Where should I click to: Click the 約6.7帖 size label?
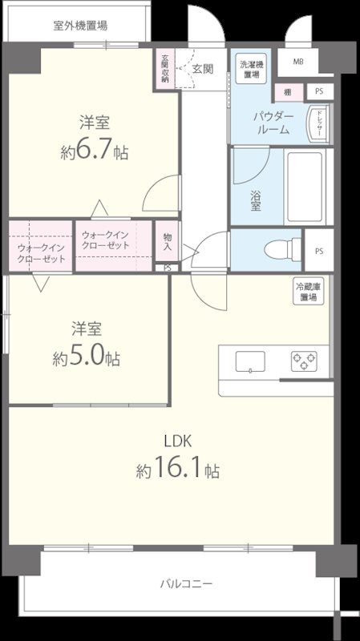(x=95, y=152)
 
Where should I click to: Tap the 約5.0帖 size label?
(x=87, y=357)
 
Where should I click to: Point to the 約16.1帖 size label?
(x=177, y=470)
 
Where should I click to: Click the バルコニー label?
(x=186, y=584)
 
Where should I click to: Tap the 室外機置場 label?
(x=80, y=25)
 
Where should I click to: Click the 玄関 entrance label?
(x=202, y=69)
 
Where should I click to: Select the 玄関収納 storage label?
(x=164, y=69)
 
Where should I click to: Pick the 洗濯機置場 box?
(x=251, y=69)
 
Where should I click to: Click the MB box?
(x=297, y=62)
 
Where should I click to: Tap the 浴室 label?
(x=254, y=200)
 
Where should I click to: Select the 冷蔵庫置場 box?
(x=308, y=292)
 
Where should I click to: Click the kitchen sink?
(x=250, y=362)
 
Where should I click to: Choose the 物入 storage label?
(x=167, y=241)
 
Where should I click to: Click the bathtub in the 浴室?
(x=304, y=187)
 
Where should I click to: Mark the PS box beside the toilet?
(x=319, y=251)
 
